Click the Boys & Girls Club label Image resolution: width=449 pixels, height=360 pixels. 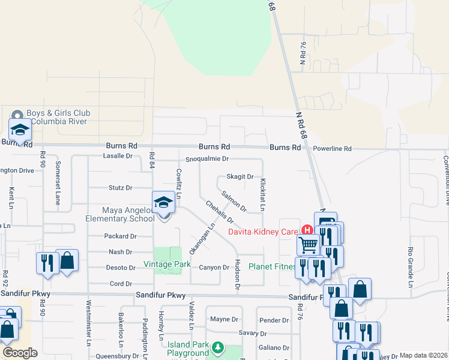pyautogui.click(x=59, y=117)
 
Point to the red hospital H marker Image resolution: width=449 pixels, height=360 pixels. pyautogui.click(x=307, y=230)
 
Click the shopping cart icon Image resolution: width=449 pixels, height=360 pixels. pyautogui.click(x=309, y=244)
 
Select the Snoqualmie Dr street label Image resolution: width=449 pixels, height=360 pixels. pyautogui.click(x=207, y=159)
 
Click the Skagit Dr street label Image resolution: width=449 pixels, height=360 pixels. pyautogui.click(x=240, y=176)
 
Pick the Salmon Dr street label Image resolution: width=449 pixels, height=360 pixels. pyautogui.click(x=234, y=201)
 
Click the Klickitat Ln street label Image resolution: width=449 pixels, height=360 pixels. pyautogui.click(x=262, y=194)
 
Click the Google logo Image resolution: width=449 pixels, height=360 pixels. pyautogui.click(x=20, y=353)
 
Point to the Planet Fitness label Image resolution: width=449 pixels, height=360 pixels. pyautogui.click(x=271, y=266)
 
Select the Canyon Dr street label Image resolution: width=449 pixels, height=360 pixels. pyautogui.click(x=214, y=268)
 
